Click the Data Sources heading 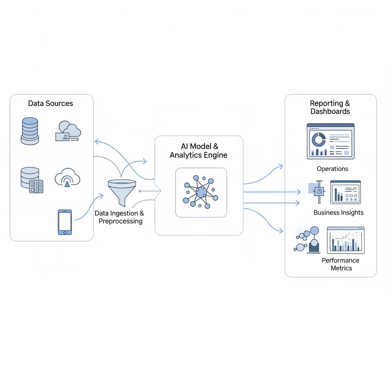coord(51,104)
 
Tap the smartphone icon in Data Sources coord(65,222)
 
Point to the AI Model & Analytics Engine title coord(198,151)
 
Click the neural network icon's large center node coord(201,192)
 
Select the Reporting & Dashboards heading coord(330,107)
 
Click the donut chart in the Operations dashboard coord(318,140)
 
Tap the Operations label coord(332,169)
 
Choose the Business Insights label coord(338,213)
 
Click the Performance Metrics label coord(341,264)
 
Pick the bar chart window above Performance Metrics coord(346,240)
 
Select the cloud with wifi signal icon coord(67,177)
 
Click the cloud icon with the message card coord(68,131)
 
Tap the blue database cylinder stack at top coord(30,131)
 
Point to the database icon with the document coord(31,180)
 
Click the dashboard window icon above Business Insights coord(345,192)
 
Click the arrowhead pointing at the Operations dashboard coord(281,166)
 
